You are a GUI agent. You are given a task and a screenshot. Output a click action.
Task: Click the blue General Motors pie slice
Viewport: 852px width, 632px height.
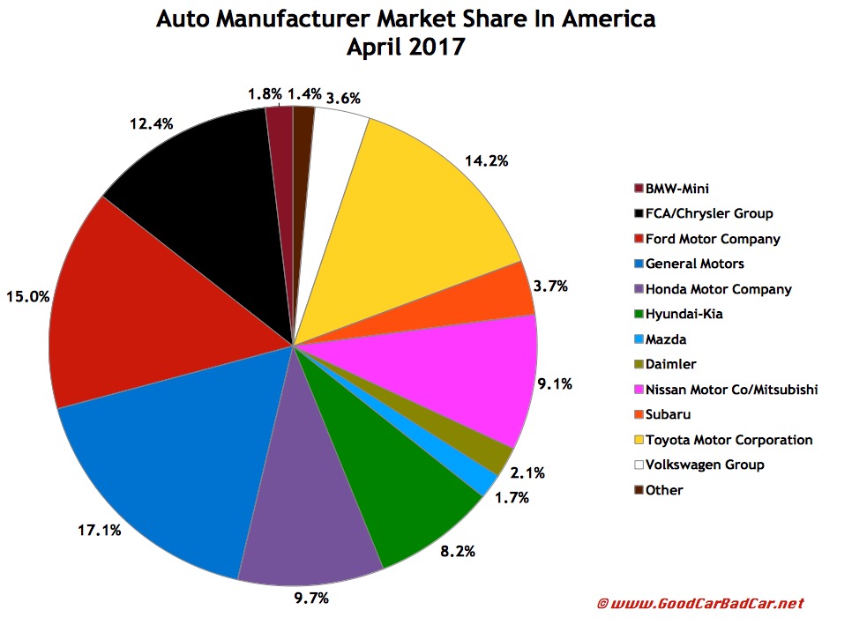click(x=168, y=458)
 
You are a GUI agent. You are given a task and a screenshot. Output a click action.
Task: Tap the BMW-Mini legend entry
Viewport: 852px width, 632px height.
click(x=677, y=188)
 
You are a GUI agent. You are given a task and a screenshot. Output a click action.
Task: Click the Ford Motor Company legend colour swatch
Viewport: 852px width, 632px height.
click(x=639, y=239)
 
